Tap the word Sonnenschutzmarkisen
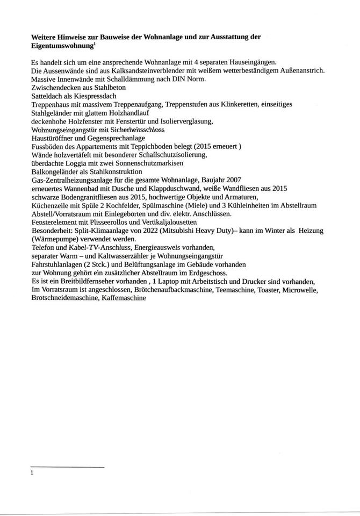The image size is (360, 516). pyautogui.click(x=149, y=163)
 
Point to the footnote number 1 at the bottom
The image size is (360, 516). pyautogui.click(x=33, y=473)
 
